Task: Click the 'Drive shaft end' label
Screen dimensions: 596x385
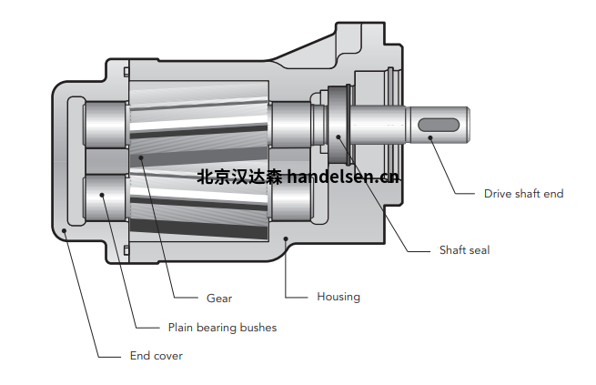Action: point(523,194)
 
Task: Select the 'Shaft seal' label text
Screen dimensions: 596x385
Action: point(464,250)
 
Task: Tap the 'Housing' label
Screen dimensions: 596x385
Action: point(338,297)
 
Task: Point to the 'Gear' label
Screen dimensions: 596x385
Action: point(219,299)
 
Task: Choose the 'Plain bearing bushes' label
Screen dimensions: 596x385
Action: point(222,328)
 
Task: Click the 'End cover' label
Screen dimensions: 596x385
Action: point(157,356)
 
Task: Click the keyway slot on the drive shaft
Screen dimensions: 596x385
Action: point(439,125)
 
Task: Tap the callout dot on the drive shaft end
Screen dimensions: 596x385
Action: point(430,137)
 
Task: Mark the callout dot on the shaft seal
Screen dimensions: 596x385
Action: point(338,137)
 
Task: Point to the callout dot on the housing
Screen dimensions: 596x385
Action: point(286,238)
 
